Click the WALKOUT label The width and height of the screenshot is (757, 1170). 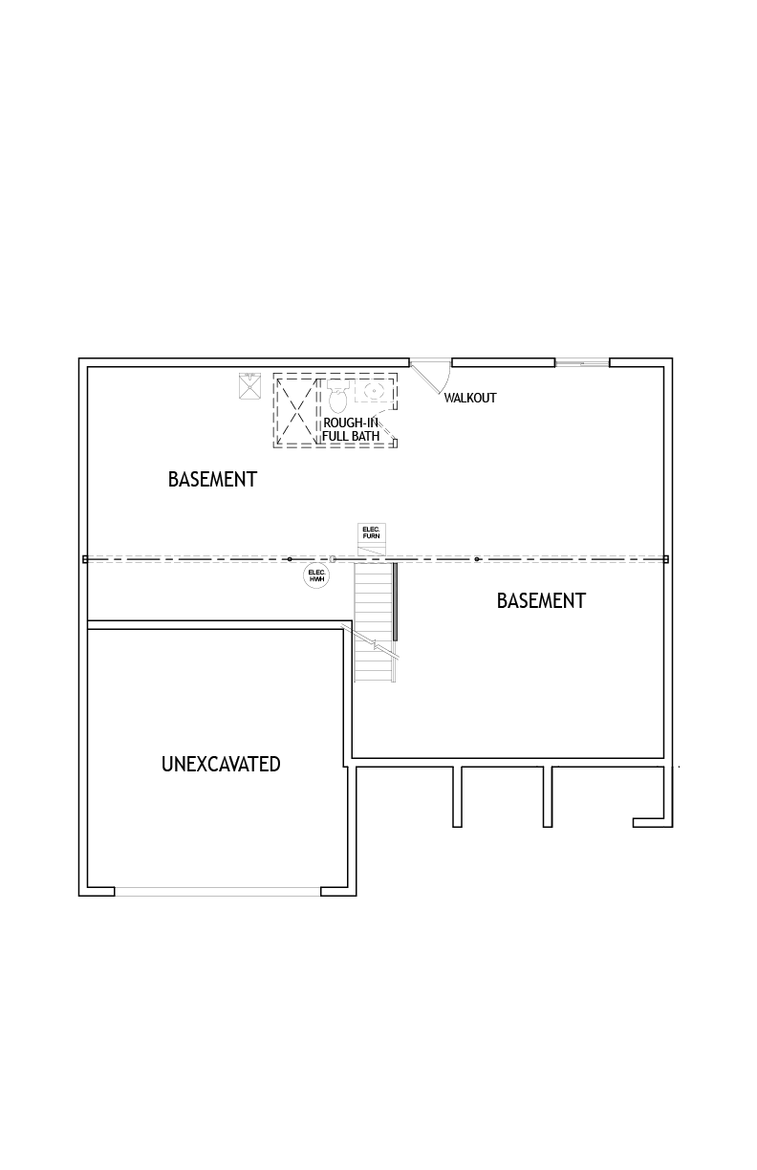469,398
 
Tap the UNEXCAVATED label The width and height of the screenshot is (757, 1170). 221,764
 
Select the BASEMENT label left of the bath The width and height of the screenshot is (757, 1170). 212,479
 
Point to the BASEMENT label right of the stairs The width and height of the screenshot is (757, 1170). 541,600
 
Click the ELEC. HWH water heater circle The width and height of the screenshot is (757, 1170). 316,575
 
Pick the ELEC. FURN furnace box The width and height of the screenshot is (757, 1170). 372,533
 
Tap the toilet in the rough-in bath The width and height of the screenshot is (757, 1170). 338,396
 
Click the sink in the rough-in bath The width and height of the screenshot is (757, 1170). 374,390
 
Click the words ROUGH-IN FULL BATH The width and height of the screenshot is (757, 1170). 351,429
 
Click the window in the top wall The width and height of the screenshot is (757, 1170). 582,362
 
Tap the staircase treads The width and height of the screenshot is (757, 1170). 374,621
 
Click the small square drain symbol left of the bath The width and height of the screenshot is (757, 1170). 250,385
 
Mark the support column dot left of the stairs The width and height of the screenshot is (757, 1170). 290,559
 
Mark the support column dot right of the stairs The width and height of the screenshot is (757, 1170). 476,559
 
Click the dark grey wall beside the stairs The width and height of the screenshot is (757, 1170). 396,601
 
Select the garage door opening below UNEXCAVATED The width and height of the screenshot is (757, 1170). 217,892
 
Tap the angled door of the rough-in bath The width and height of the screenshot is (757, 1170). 386,429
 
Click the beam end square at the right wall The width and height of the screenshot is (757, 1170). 666,559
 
